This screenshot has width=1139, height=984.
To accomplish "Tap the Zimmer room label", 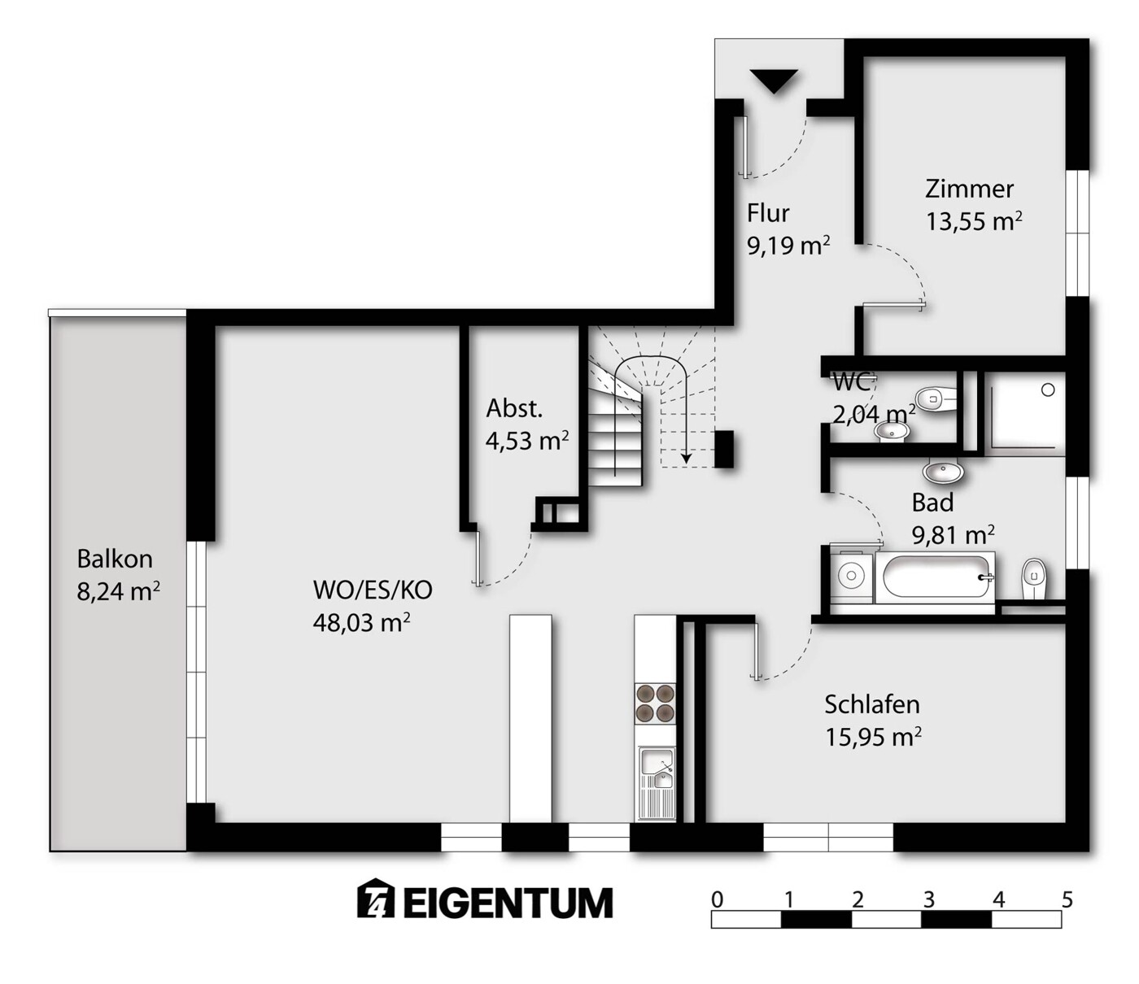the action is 969,189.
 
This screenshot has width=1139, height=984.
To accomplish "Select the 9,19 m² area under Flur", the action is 788,245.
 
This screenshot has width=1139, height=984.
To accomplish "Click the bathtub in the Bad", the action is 936,577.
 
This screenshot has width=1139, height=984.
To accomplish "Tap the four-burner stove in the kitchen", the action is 655,703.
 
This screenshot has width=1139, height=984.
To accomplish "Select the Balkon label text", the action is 115,559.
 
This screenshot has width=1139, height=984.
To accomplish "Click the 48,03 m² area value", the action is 361,623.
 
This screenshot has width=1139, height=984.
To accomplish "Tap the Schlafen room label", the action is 872,705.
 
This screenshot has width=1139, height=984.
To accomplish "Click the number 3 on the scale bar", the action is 929,899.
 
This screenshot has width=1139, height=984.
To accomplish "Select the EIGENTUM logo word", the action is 508,903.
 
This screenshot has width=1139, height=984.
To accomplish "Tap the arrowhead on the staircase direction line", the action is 686,457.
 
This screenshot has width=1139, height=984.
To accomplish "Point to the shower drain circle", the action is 1048,390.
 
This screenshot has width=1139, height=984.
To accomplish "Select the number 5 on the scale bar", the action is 1067,899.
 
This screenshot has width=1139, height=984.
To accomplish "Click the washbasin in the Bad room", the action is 944,471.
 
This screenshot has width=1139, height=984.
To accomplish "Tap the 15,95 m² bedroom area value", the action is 874,737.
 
